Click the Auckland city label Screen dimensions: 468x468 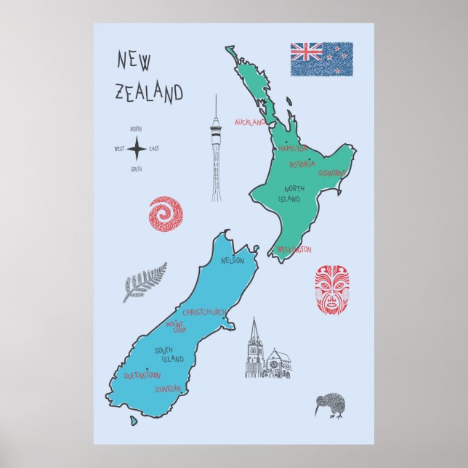[251, 122]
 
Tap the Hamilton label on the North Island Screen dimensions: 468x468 [293, 148]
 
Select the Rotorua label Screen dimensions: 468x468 [302, 165]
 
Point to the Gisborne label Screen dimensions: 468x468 [333, 174]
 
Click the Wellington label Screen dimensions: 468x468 [294, 250]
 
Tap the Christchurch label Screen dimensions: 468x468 [204, 312]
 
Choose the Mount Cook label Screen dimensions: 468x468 [176, 327]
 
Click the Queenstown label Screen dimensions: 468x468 [141, 376]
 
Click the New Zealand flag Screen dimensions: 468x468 [321, 59]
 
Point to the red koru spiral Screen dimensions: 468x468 [166, 214]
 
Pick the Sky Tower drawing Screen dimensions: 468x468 [216, 149]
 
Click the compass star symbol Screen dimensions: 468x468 [137, 149]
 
